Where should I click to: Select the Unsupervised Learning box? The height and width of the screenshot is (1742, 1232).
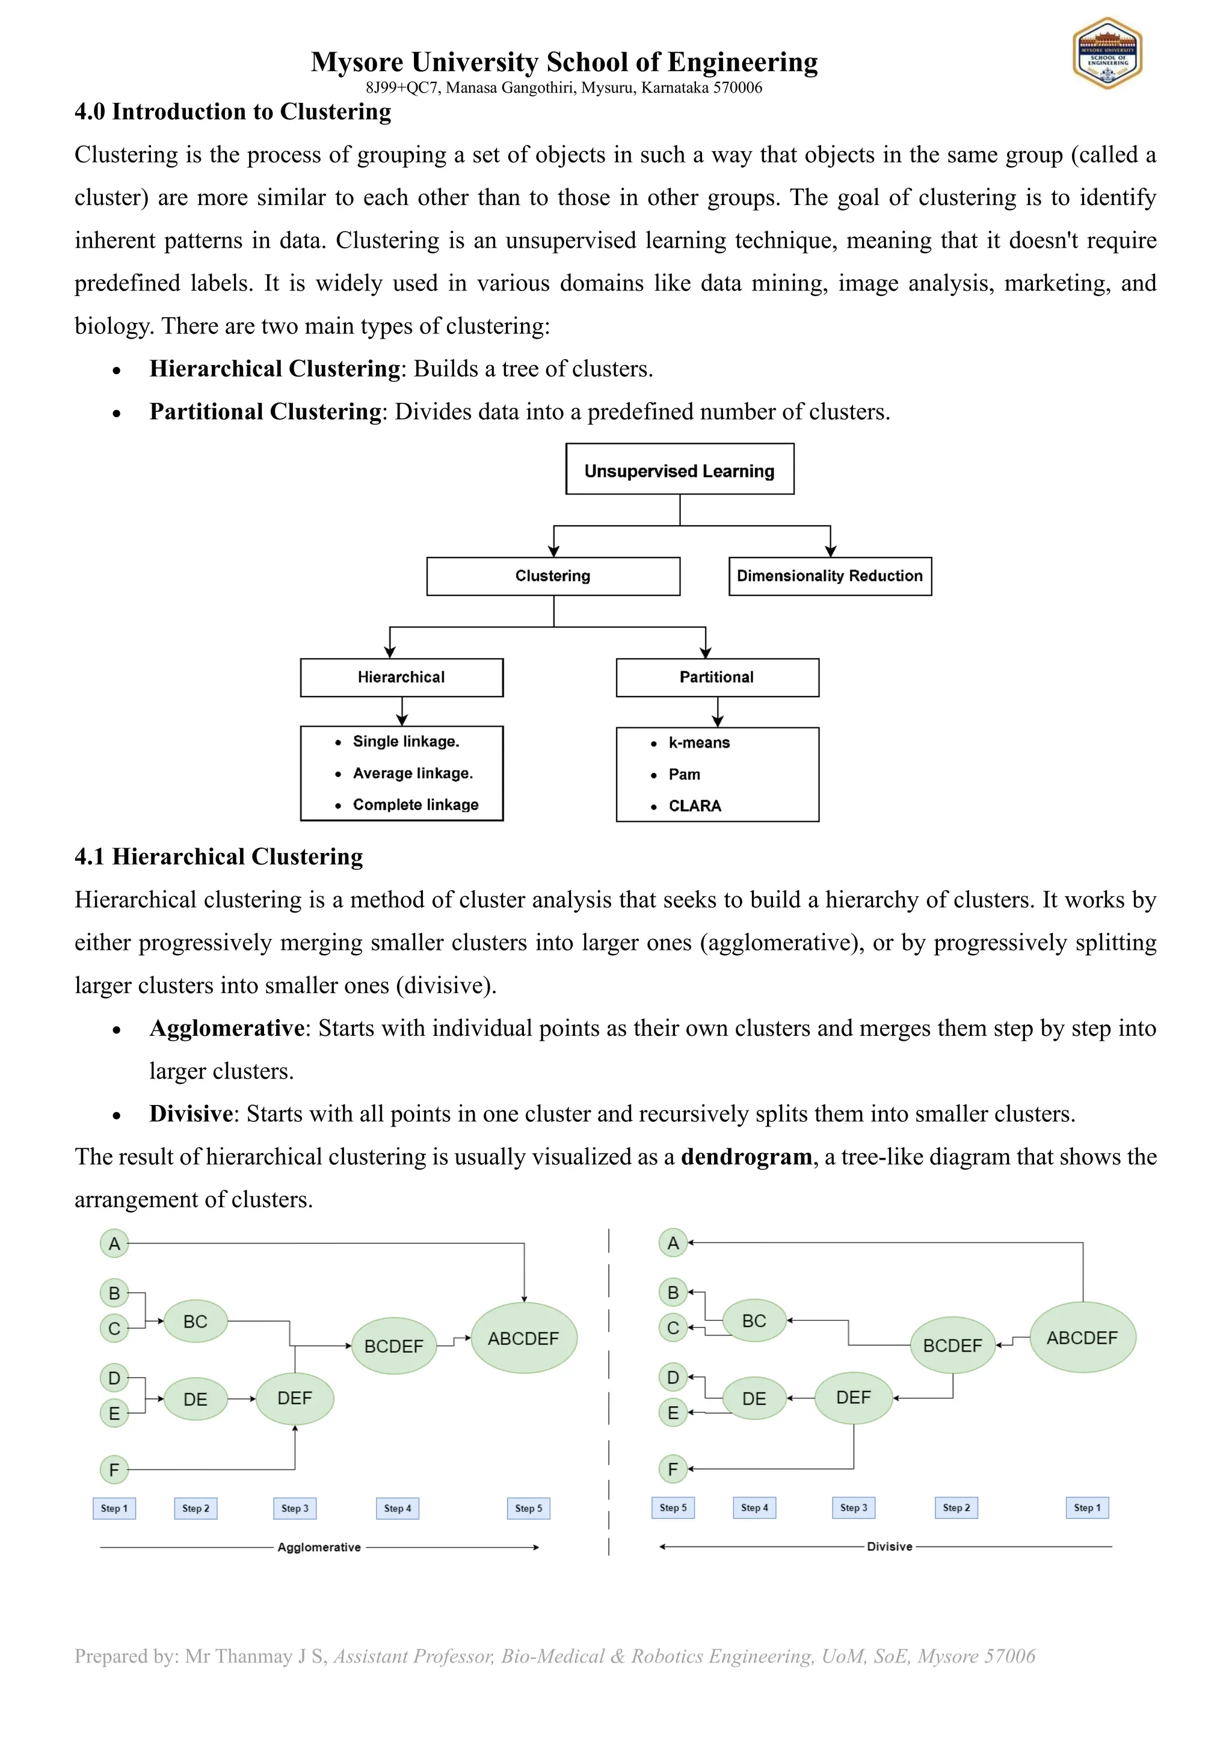point(679,470)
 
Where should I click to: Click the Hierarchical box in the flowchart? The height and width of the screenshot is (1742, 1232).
point(401,677)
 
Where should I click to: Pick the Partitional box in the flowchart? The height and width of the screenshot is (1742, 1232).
point(717,677)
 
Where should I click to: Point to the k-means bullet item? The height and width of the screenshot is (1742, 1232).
point(698,743)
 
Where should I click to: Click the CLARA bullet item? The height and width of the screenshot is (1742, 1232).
point(694,806)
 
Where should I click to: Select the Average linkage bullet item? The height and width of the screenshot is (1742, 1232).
point(412,773)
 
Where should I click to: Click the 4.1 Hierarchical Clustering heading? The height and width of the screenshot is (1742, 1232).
point(218,857)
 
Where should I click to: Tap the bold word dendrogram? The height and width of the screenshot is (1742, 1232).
point(747,1156)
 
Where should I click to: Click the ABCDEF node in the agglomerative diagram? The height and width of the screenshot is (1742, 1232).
point(523,1338)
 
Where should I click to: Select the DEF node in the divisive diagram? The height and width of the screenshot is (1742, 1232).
point(854,1397)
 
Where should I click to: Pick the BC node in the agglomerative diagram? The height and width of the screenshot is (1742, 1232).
point(195,1322)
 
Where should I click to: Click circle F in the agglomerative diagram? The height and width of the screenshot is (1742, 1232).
point(114,1470)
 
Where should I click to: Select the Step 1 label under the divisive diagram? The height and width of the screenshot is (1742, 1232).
point(1086,1507)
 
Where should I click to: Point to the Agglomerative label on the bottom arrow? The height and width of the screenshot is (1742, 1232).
point(319,1547)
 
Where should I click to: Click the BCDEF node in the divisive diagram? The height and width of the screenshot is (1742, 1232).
point(952,1345)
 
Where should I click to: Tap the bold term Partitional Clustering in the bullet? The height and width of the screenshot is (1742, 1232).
point(265,411)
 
